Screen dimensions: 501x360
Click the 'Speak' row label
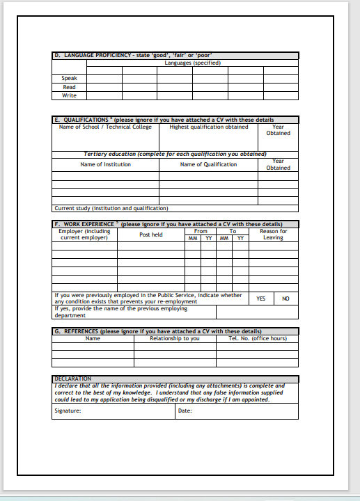coord(69,78)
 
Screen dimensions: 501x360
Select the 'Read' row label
coord(69,87)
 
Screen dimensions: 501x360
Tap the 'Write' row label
coord(69,95)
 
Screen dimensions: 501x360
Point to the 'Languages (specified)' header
coord(192,63)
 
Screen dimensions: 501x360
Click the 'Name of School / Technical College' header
coord(105,127)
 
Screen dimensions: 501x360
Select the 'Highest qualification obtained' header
coord(208,127)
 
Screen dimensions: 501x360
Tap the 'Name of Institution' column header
coord(105,164)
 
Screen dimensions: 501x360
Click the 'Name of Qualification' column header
coord(208,164)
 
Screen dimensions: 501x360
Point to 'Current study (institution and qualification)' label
coord(111,208)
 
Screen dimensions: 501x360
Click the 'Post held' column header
coord(150,234)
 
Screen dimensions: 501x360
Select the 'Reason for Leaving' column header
coord(273,234)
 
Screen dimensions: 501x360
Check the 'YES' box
coord(260,299)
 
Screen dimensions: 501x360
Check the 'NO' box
coord(285,299)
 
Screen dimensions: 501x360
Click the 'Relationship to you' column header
coord(174,339)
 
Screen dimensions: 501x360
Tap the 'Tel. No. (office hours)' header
coord(257,339)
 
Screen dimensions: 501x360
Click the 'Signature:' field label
coord(68,411)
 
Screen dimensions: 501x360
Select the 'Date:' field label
coord(185,411)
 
